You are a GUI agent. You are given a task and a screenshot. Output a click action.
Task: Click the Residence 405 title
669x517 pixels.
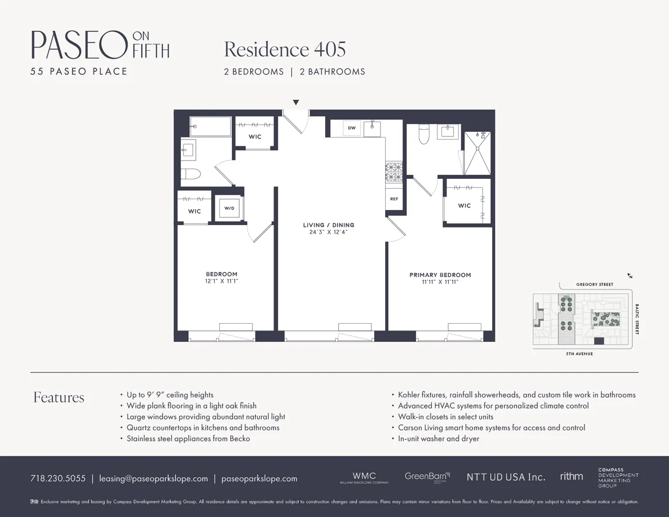coord(285,50)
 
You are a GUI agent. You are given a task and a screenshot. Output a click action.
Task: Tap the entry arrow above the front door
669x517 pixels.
coord(296,102)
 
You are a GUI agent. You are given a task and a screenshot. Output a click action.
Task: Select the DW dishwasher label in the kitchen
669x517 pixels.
coord(352,128)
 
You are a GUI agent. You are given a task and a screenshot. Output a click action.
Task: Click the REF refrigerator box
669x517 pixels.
coord(394,199)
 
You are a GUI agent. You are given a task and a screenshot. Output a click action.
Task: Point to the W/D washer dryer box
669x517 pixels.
coord(229,208)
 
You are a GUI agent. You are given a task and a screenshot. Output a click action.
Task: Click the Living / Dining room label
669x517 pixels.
coord(328,225)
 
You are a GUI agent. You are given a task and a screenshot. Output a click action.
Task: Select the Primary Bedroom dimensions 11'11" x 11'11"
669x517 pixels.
coord(440,282)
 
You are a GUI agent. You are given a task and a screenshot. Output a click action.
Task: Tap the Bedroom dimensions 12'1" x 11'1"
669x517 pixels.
coord(221,281)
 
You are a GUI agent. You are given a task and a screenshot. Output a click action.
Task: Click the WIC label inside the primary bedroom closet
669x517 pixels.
coord(464,206)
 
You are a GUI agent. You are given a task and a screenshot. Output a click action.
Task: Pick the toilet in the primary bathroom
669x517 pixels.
coord(424,134)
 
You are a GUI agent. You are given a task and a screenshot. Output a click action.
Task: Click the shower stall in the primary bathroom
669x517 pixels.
coord(477,153)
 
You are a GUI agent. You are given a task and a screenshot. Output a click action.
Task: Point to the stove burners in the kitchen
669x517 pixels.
coord(394,172)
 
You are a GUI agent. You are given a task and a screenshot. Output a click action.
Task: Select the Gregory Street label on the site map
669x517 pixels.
coord(595,284)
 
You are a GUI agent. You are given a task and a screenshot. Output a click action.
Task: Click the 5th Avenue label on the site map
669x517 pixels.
coord(579,354)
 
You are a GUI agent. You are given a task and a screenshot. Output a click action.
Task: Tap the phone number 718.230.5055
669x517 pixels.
coord(58,478)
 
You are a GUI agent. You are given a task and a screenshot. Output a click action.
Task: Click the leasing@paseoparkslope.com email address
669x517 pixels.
coord(154,478)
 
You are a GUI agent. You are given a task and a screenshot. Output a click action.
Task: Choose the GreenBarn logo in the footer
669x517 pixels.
coord(427,477)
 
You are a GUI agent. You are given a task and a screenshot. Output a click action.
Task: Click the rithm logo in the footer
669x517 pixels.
coord(571,476)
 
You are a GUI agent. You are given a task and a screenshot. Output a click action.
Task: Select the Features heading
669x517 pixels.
coord(59,397)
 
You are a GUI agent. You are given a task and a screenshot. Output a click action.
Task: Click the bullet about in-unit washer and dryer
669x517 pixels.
coord(438,438)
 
